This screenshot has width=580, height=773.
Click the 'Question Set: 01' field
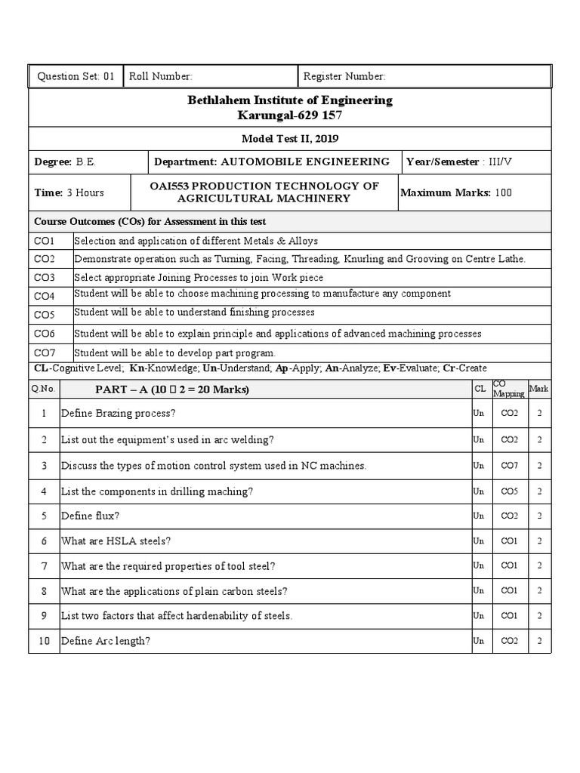tap(76, 76)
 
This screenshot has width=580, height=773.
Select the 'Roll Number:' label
tap(161, 76)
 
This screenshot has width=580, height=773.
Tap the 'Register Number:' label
tap(344, 76)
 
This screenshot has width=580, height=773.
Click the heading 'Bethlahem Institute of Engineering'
tap(289, 100)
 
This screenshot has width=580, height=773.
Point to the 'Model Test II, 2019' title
tap(289, 139)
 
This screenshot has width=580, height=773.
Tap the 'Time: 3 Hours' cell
tap(69, 192)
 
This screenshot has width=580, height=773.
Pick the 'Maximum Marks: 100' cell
tap(456, 192)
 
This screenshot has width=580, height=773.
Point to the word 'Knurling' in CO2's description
tap(365, 259)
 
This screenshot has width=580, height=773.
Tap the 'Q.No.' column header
tap(39, 389)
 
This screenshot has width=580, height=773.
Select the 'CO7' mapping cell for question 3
tap(509, 466)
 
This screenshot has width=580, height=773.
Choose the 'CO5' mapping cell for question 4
tap(509, 491)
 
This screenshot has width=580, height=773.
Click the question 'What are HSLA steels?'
tap(116, 541)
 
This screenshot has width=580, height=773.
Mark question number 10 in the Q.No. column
tap(44, 641)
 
